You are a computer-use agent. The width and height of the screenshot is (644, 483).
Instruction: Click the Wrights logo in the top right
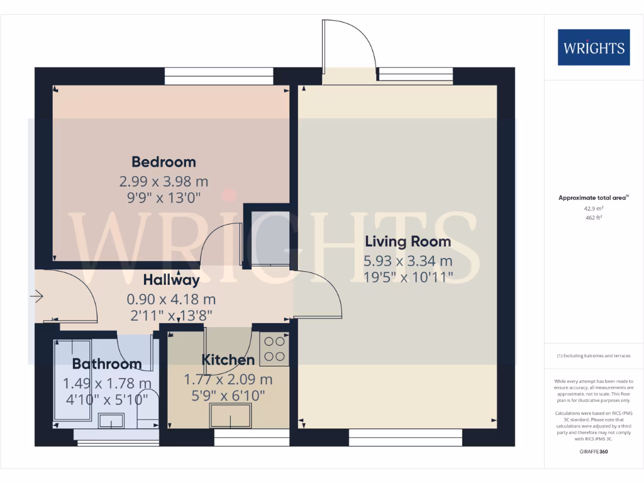(594, 47)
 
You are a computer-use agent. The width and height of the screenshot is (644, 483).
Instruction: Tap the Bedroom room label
(164, 162)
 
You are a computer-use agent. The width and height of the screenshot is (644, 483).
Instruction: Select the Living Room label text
(408, 241)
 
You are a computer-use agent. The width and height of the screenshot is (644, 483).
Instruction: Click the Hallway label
(171, 280)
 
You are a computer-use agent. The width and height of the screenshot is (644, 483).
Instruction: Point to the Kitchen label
(228, 360)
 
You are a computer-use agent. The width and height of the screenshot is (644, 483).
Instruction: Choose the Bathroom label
(107, 364)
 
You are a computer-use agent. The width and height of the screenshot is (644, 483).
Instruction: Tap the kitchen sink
(230, 416)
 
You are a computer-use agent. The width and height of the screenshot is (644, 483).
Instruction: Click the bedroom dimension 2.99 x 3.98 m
(164, 182)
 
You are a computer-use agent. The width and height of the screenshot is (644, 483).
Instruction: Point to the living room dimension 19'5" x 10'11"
(408, 277)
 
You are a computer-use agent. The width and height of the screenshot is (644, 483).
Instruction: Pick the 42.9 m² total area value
(594, 208)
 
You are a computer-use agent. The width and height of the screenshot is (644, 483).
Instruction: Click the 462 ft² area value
(594, 218)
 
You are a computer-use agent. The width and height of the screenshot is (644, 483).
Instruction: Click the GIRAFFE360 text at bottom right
(594, 452)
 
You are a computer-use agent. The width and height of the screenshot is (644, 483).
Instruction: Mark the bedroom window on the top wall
(219, 76)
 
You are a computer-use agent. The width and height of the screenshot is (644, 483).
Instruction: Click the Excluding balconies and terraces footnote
(594, 356)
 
